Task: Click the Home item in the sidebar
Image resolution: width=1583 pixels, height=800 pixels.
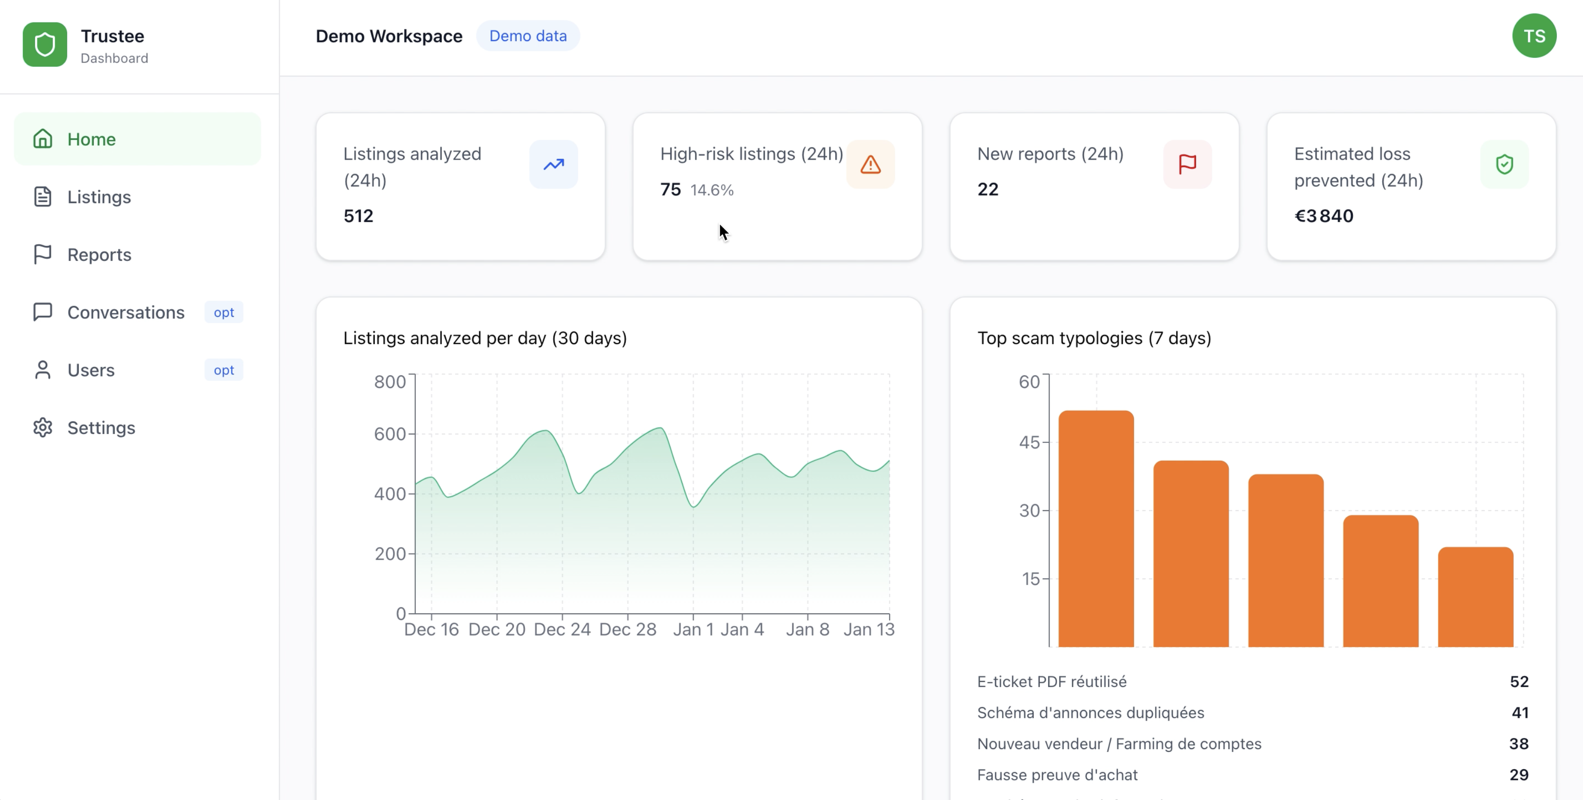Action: [91, 139]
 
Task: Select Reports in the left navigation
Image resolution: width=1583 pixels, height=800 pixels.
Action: [98, 254]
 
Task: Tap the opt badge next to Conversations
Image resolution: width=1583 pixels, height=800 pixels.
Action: [224, 312]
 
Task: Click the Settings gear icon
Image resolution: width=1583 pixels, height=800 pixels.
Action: [42, 428]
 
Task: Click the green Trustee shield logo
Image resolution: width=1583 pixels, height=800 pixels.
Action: [45, 44]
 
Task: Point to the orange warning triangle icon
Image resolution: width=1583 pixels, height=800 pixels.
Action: [870, 165]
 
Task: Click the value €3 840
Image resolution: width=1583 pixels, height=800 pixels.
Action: [1324, 216]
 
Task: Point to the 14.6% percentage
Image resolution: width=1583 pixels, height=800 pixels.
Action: [712, 190]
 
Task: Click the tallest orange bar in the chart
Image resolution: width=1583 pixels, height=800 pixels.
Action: [1096, 528]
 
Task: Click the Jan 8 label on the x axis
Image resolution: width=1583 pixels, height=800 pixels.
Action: [807, 629]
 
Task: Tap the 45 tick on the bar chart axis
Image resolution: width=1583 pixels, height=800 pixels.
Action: [1030, 442]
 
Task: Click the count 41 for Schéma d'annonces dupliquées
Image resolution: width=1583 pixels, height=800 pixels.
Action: [1520, 713]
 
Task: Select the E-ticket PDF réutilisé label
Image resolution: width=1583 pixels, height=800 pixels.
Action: [1051, 681]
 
